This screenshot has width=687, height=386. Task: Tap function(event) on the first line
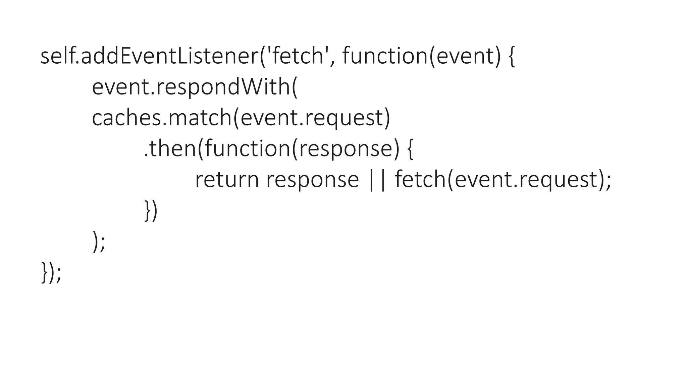point(421,56)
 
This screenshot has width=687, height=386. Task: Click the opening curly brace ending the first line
point(512,57)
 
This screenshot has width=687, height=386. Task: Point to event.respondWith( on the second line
point(195,87)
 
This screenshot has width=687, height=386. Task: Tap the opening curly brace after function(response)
point(410,149)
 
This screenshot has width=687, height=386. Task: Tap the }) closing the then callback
point(151,211)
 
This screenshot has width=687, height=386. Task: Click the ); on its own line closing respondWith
point(99,242)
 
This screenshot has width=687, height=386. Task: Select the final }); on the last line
point(51,272)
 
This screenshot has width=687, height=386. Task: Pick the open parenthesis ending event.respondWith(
point(294,87)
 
